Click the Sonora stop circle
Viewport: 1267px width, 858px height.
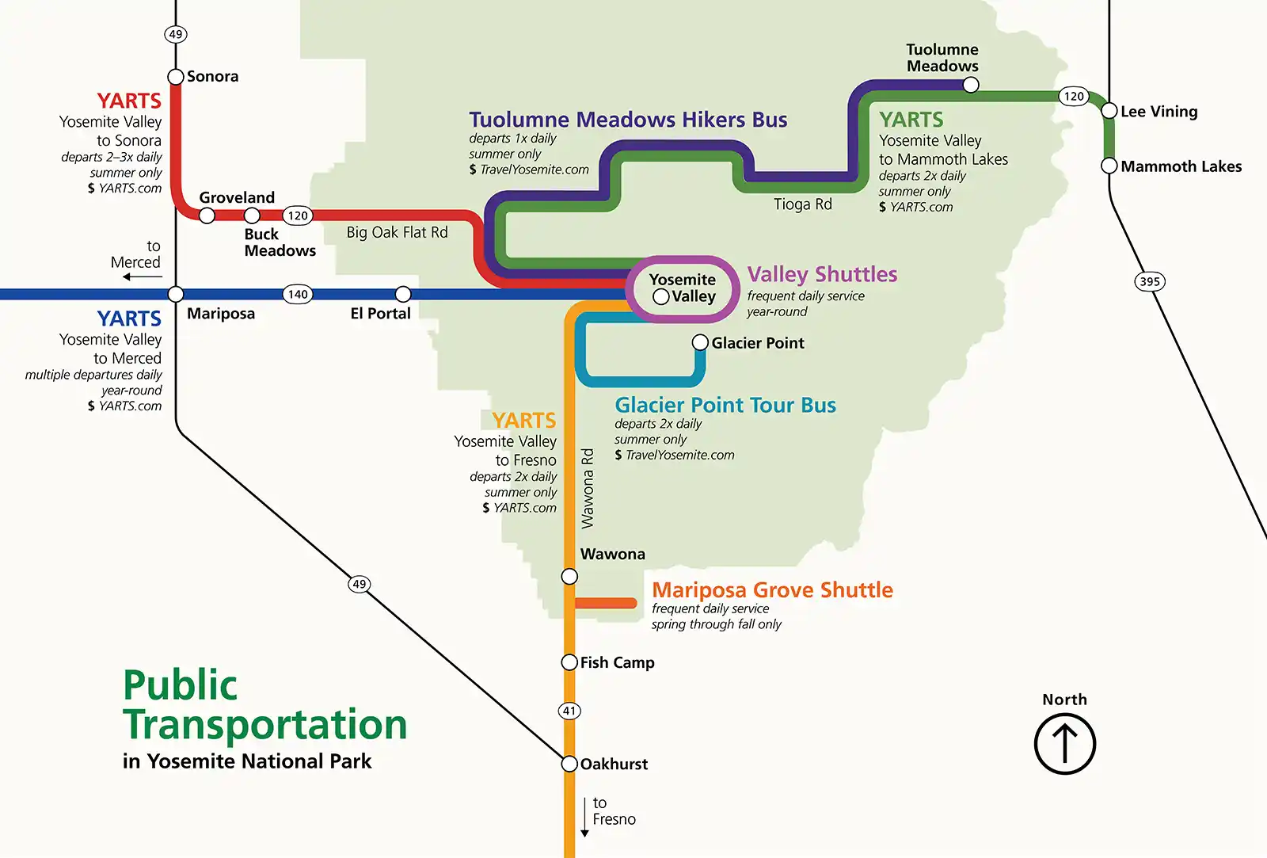pyautogui.click(x=176, y=77)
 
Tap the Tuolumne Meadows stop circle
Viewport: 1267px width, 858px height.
pyautogui.click(x=971, y=85)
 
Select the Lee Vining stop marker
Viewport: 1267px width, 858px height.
pyautogui.click(x=1109, y=111)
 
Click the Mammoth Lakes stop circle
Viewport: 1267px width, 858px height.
pyautogui.click(x=1109, y=166)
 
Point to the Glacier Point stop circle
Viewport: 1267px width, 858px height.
pyautogui.click(x=700, y=342)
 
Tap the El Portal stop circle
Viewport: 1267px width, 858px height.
pyautogui.click(x=403, y=294)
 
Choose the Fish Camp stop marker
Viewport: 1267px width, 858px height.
pyautogui.click(x=569, y=662)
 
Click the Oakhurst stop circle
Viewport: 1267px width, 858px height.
pyautogui.click(x=569, y=764)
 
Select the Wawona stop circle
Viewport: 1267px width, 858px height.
pyautogui.click(x=569, y=576)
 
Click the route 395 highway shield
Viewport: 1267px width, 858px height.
pyautogui.click(x=1150, y=281)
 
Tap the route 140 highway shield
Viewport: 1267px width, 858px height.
pyautogui.click(x=298, y=294)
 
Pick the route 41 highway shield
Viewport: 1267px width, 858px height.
pyautogui.click(x=569, y=711)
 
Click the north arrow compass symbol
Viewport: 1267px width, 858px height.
pyautogui.click(x=1065, y=744)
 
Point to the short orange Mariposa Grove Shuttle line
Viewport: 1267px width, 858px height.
pyautogui.click(x=606, y=603)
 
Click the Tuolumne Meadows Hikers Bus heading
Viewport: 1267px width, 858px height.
pyautogui.click(x=628, y=120)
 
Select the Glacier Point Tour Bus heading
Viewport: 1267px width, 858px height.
pyautogui.click(x=725, y=405)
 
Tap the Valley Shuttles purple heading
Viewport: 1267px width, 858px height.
pyautogui.click(x=822, y=274)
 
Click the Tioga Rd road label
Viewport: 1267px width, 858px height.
pyautogui.click(x=803, y=204)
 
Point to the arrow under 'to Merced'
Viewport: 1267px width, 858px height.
pyautogui.click(x=143, y=276)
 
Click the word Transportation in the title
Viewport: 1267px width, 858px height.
pyautogui.click(x=265, y=724)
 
